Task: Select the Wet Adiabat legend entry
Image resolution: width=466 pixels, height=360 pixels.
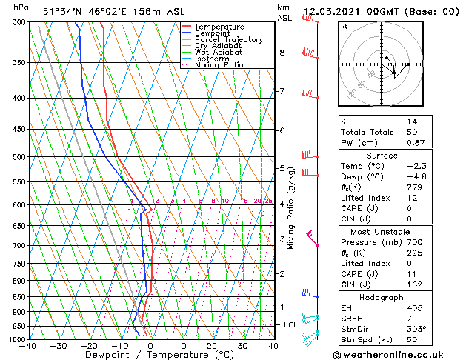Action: pos(218,53)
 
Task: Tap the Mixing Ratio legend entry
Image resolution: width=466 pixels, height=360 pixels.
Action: pos(219,65)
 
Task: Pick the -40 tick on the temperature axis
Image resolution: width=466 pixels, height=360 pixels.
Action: pos(28,346)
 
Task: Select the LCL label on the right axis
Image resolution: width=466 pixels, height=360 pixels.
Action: pos(291,325)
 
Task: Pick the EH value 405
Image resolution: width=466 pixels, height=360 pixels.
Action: pos(413,308)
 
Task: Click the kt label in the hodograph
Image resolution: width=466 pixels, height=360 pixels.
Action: pos(344,26)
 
